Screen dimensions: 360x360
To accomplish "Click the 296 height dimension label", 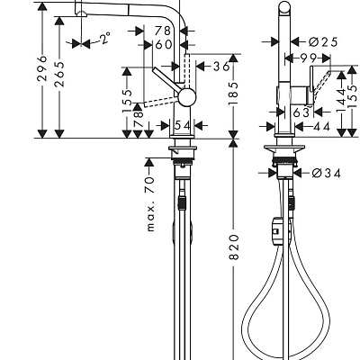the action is click(43, 67).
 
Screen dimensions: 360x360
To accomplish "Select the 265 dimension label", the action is click(60, 74).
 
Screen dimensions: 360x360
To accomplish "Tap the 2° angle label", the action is click(105, 38).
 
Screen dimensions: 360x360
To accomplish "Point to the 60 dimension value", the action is click(164, 44).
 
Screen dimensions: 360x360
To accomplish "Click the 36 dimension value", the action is click(221, 67).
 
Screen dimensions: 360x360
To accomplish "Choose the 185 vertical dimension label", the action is click(233, 94).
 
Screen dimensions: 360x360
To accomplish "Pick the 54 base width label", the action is click(183, 125).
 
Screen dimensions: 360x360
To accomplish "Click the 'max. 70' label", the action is click(151, 204).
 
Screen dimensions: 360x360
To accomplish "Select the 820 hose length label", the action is click(234, 247).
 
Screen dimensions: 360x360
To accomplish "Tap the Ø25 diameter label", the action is click(323, 42).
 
